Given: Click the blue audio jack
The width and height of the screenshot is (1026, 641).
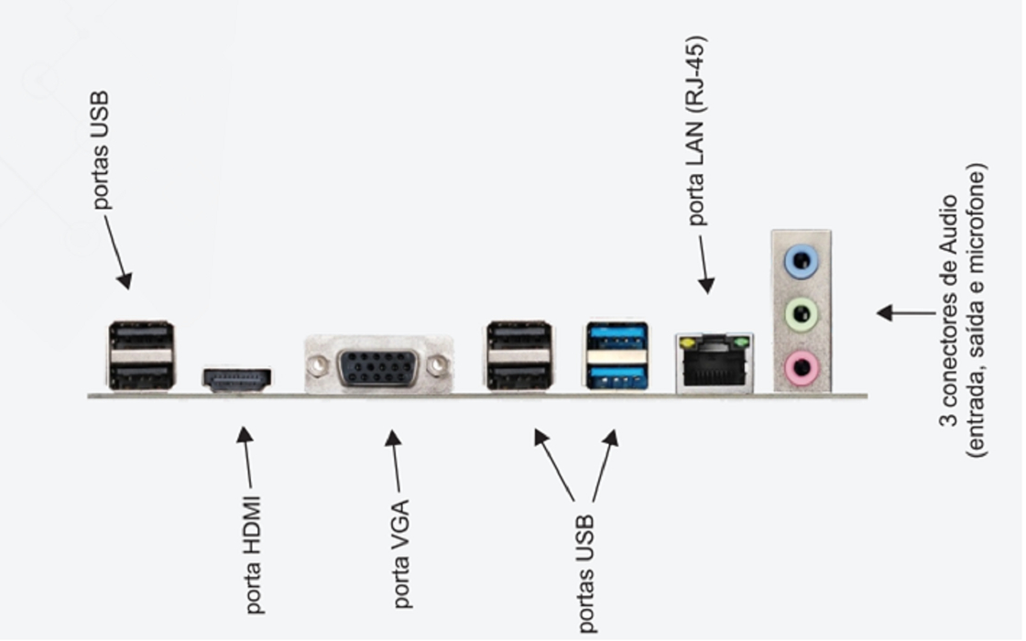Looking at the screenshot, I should [801, 260].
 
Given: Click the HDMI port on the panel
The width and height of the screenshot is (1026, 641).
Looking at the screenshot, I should [237, 379].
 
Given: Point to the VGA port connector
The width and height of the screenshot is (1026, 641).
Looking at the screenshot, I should [379, 367].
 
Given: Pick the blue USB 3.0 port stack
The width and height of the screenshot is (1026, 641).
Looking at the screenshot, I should [617, 355].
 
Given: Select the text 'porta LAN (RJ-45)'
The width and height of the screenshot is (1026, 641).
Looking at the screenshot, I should [698, 130].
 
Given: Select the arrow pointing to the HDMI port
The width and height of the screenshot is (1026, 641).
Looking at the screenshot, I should [246, 458].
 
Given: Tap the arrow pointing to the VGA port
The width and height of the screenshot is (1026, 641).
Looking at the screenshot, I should [395, 462].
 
